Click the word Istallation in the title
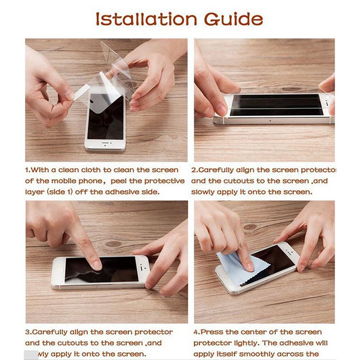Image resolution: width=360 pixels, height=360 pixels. [147, 19]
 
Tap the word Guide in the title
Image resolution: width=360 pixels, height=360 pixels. [234, 19]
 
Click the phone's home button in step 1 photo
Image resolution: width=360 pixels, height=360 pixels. [106, 144]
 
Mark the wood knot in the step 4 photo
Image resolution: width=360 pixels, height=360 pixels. [250, 227]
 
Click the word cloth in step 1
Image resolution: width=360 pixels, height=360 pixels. [90, 170]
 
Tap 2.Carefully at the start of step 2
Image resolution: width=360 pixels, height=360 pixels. [212, 170]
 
